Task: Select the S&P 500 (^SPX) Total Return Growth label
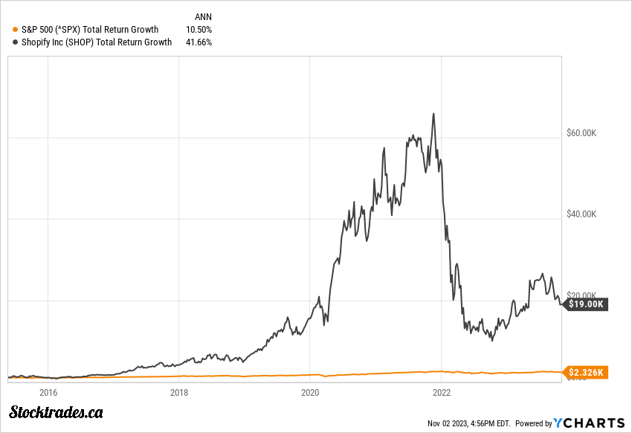90,30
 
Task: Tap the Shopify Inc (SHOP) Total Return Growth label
97,42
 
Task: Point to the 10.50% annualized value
199,30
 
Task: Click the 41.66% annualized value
199,42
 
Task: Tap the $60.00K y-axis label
582,133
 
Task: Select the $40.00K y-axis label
582,214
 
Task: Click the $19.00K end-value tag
587,304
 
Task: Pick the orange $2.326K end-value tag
587,371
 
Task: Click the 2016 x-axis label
48,392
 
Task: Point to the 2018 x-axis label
179,392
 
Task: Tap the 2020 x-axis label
311,392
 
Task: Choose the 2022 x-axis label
442,392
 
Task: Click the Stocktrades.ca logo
56,411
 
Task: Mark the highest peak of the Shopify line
433,114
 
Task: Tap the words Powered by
533,423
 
